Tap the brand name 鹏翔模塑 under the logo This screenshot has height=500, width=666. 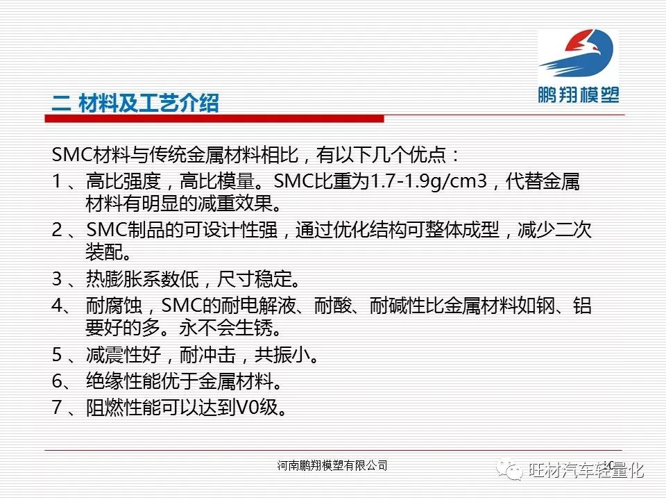[579, 94]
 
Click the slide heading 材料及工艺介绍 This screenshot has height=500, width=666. [148, 103]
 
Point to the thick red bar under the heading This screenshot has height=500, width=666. [214, 119]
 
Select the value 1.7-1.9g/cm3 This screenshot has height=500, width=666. [429, 181]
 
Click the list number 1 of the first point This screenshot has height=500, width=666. [57, 181]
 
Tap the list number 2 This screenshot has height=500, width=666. [58, 230]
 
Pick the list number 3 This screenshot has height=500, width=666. [58, 279]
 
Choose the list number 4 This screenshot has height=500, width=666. [58, 306]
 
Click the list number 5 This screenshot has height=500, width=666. [58, 355]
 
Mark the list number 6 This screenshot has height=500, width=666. [58, 381]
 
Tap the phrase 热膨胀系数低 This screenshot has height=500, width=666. [142, 279]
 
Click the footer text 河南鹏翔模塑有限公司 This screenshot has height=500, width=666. [332, 465]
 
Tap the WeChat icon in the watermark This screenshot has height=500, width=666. [510, 470]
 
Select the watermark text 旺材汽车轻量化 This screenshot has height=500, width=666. [587, 470]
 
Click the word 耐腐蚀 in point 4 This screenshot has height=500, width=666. [114, 306]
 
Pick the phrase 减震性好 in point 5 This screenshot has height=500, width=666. [123, 355]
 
